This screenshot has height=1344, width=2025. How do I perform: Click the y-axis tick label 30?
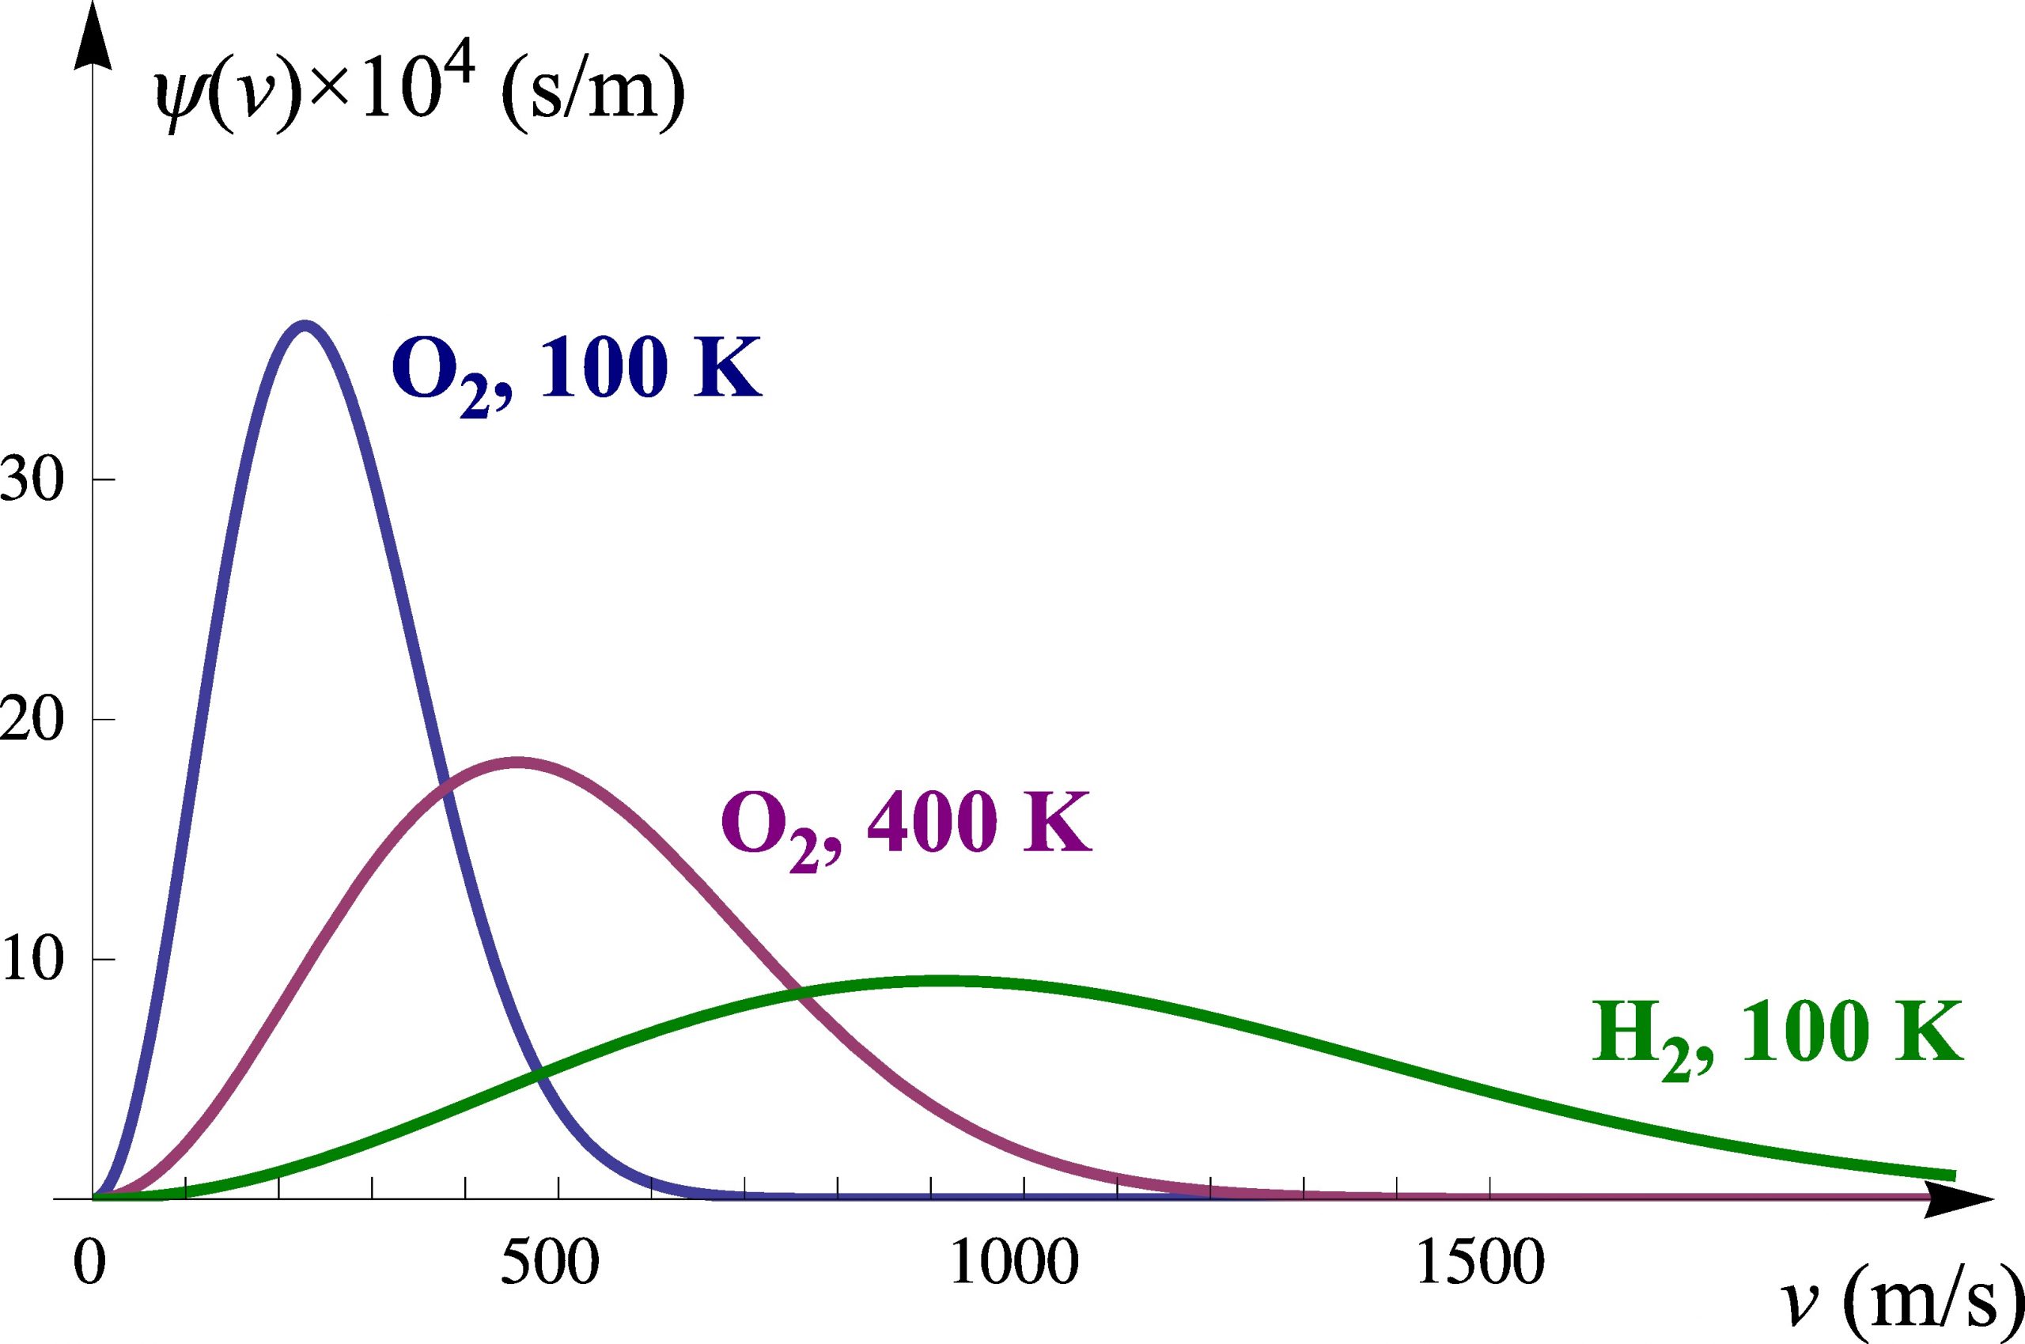pos(32,480)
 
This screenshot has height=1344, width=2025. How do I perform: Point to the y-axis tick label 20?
pos(32,720)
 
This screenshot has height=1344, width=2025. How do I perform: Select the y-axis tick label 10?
pos(32,960)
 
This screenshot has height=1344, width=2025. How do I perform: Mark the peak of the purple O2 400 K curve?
pos(517,762)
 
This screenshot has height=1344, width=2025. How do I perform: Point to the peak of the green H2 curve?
pos(943,982)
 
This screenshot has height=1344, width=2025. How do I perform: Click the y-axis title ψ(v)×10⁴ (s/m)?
pos(420,103)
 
